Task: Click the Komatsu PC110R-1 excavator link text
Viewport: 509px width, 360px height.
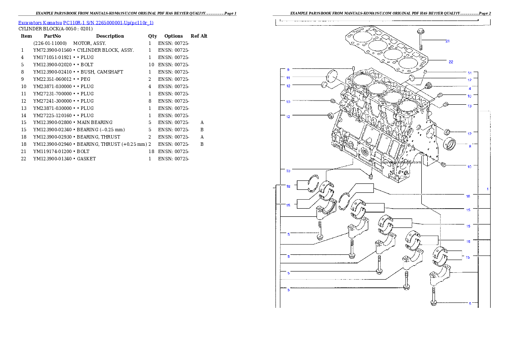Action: [x=86, y=23]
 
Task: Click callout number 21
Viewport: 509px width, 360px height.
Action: [x=447, y=41]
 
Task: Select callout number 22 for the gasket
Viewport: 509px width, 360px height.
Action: [x=450, y=62]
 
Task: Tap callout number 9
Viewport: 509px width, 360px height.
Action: [x=288, y=69]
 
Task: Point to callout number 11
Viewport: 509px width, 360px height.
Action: [x=288, y=78]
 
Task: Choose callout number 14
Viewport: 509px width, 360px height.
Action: [x=469, y=73]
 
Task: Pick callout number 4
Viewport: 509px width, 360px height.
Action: [x=469, y=88]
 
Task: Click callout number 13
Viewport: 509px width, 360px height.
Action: [x=469, y=106]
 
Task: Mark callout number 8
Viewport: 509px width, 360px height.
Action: [x=469, y=146]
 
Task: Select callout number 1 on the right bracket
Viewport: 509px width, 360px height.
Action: [x=487, y=189]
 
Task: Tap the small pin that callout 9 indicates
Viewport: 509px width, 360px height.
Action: [x=354, y=69]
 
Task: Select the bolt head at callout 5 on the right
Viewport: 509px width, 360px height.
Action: [x=434, y=303]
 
